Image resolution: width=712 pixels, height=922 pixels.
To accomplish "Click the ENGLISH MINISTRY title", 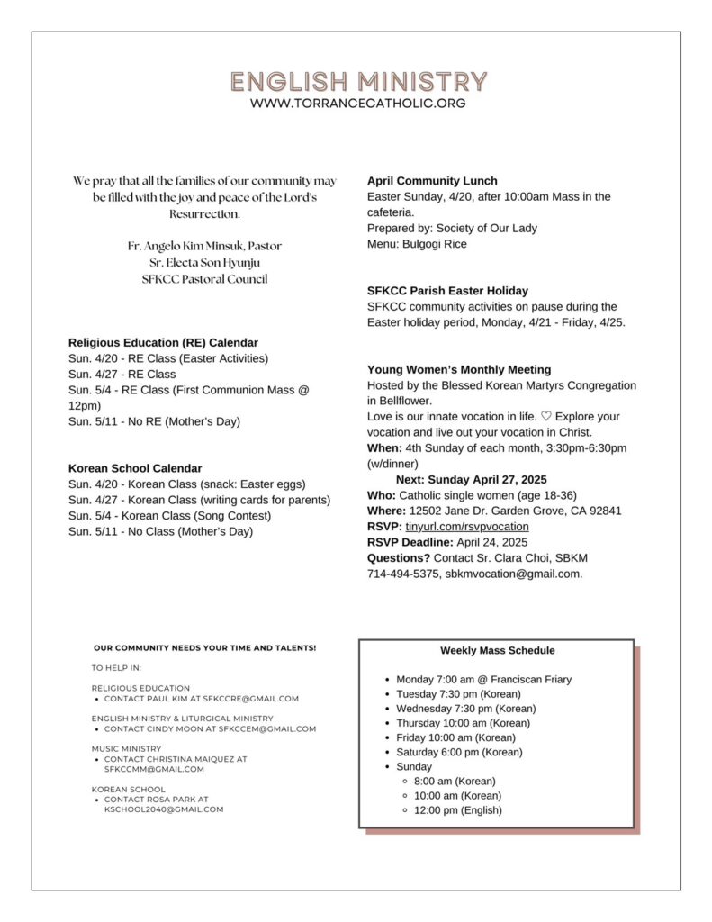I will [357, 82].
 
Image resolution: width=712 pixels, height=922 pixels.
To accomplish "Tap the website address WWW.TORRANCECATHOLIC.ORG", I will [357, 104].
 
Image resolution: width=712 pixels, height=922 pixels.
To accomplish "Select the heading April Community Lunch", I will [432, 181].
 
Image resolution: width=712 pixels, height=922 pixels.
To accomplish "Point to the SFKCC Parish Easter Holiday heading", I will [447, 291].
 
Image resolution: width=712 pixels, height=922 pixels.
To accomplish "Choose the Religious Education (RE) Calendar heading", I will [163, 343].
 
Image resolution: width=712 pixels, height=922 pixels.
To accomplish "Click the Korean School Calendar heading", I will [135, 468].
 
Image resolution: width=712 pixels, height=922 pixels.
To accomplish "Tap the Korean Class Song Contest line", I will [169, 516].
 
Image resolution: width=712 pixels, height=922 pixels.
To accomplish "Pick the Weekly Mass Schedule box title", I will [497, 651].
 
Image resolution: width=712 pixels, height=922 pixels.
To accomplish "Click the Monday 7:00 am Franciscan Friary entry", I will [483, 680].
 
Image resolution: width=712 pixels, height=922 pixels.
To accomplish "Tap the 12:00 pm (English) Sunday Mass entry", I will [458, 810].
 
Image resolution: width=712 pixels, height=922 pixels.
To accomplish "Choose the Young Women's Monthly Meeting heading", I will [459, 370].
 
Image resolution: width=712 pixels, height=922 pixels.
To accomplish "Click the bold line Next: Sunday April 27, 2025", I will [471, 480].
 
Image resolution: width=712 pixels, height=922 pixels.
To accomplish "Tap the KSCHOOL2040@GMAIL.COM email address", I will [164, 809].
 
